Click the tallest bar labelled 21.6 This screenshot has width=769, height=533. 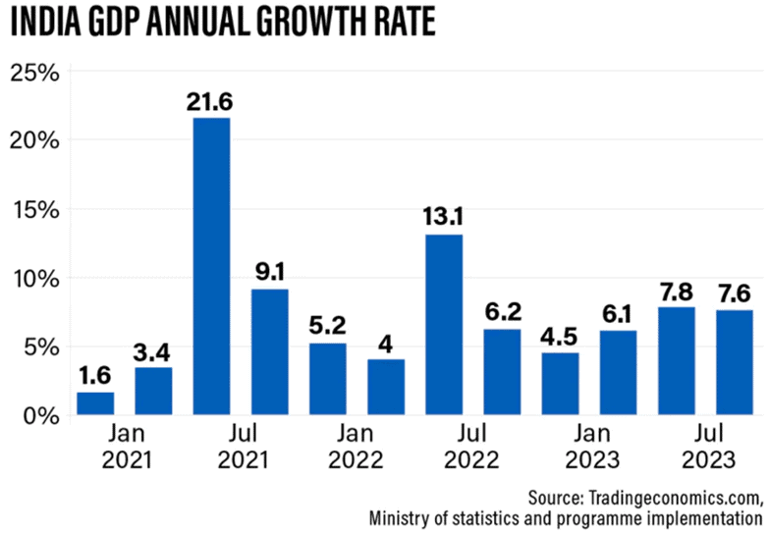pyautogui.click(x=211, y=266)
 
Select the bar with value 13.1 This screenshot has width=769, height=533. pyautogui.click(x=444, y=324)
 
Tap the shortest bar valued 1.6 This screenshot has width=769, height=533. pyautogui.click(x=95, y=403)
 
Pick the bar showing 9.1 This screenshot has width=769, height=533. pyautogui.click(x=269, y=351)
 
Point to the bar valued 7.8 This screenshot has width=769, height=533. pyautogui.click(x=676, y=360)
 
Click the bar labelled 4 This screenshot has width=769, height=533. pyautogui.click(x=386, y=387)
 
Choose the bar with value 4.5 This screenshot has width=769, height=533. pyautogui.click(x=560, y=383)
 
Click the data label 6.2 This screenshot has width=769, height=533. pyautogui.click(x=502, y=310)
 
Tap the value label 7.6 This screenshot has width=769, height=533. pyautogui.click(x=735, y=292)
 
